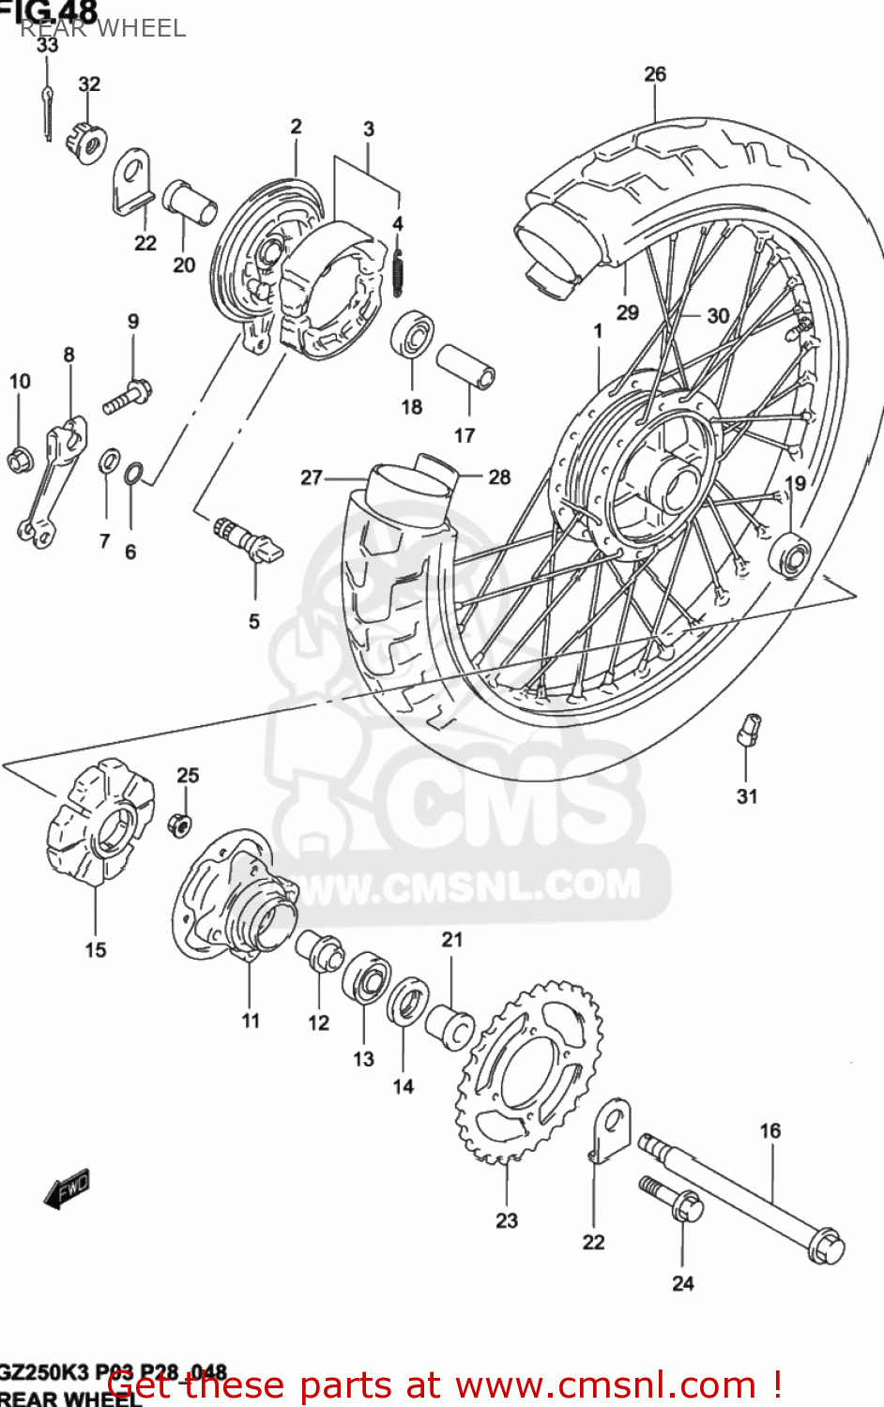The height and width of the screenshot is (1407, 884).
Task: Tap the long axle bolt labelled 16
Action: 741,1196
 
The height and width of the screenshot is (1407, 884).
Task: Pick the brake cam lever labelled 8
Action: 52,478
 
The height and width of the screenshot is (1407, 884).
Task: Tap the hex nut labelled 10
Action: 19,460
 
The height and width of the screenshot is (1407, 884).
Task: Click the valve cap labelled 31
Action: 748,729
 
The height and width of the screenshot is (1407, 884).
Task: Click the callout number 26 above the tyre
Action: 655,74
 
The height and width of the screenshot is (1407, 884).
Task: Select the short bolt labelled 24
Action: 675,1199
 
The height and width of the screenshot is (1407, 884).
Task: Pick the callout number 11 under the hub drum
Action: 251,1021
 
